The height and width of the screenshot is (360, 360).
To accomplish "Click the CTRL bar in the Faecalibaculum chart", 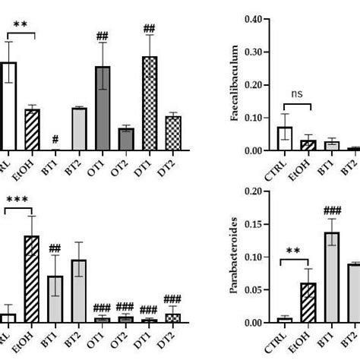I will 284,139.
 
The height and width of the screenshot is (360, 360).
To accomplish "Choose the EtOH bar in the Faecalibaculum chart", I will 308,145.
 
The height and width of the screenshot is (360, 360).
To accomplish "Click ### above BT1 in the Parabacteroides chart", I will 331,210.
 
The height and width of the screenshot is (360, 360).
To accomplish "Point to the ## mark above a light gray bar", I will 55,248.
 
